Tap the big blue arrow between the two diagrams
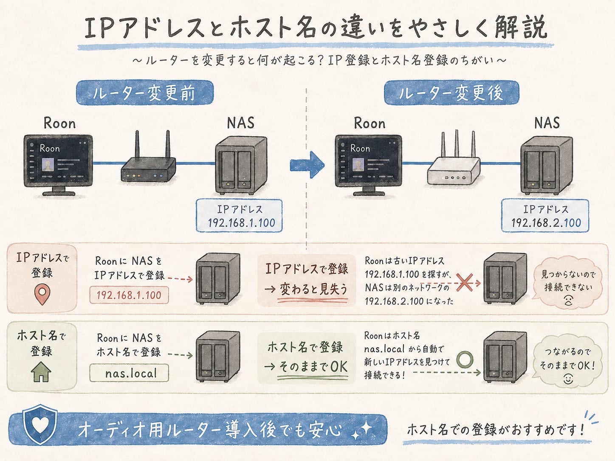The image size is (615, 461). (307, 165)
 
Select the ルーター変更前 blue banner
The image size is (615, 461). (145, 93)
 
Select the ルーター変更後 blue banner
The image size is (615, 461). (451, 93)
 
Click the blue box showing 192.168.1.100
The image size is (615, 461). (239, 216)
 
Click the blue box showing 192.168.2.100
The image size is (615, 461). (545, 216)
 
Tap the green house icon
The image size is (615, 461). (41, 371)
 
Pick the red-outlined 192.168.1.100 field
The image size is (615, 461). (129, 295)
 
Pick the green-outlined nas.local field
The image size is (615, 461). (129, 373)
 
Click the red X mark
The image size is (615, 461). (464, 283)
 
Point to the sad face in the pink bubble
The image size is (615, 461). (568, 301)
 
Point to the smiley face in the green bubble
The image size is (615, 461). (568, 379)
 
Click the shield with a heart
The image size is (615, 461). (40, 424)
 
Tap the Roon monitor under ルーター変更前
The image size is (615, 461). (58, 165)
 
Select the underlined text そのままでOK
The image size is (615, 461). (313, 367)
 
